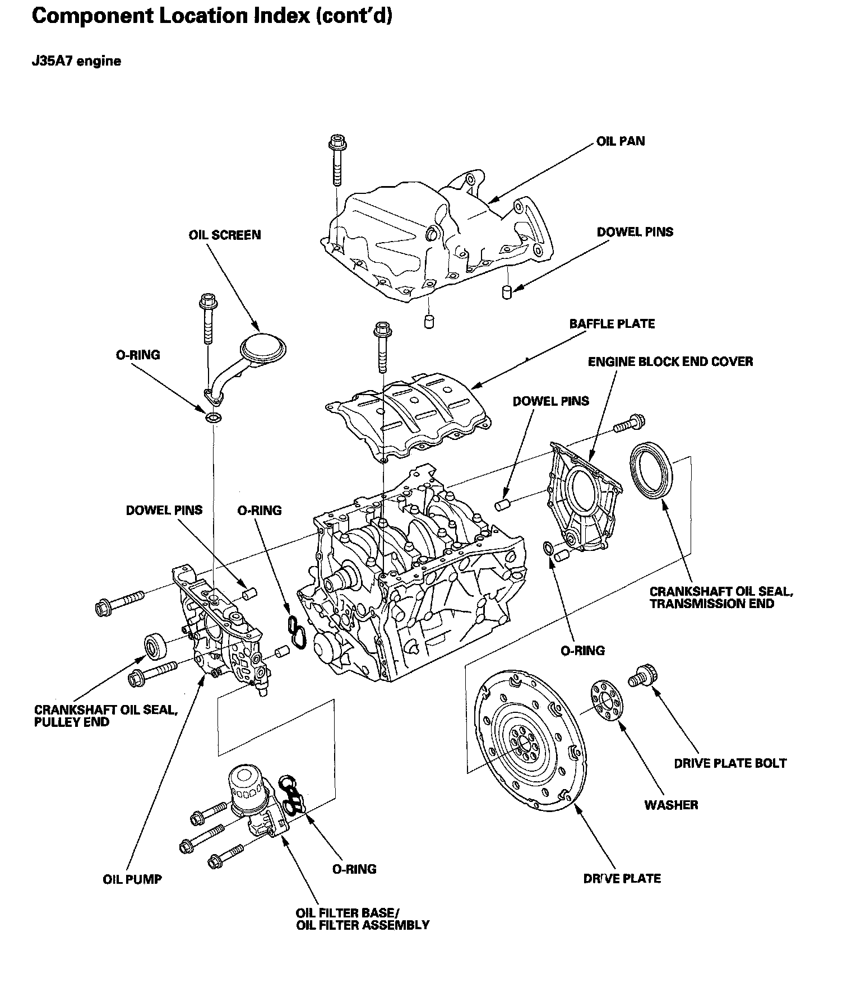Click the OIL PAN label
coord(621,141)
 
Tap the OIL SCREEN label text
coord(225,235)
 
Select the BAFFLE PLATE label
coord(612,324)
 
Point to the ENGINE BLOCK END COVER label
coord(670,362)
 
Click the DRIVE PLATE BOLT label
coord(730,763)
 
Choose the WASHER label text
coord(671,805)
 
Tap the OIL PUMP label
coord(132,879)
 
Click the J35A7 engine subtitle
coord(76,61)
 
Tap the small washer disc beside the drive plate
coord(605,700)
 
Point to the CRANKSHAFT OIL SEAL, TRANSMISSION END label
coord(721,597)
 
